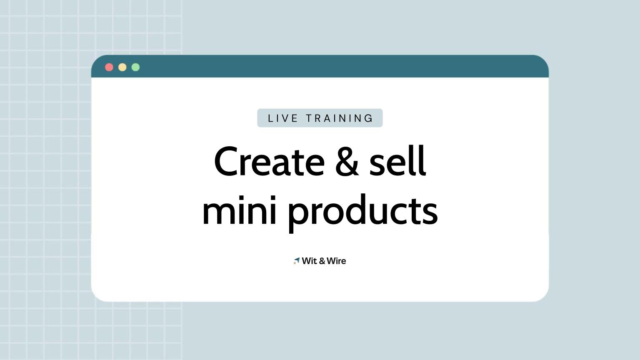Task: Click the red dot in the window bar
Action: (109, 67)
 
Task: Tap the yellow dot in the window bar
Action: (122, 67)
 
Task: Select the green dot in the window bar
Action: (135, 67)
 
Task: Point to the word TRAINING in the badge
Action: (340, 118)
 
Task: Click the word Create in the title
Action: (269, 162)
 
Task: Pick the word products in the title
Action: (362, 210)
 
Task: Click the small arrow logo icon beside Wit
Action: (296, 261)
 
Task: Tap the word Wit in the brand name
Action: (310, 261)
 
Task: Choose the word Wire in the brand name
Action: (336, 261)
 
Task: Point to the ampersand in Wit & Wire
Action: (322, 261)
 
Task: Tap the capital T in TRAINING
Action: (310, 118)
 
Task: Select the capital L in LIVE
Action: (271, 118)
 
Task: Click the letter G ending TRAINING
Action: (369, 118)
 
